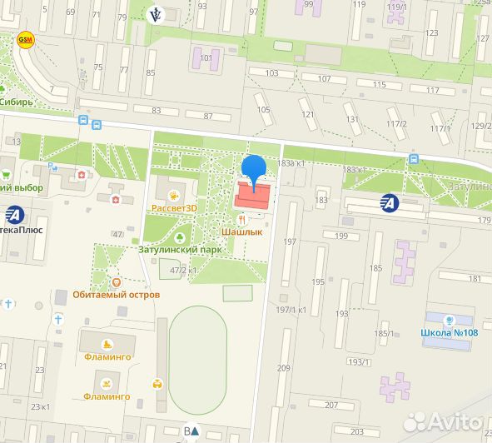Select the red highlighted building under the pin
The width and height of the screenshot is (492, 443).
252,197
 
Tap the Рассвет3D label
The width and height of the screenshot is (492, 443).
173,208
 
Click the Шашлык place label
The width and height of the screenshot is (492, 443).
243,232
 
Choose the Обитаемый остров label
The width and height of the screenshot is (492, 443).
117,294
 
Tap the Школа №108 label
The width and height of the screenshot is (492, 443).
450,333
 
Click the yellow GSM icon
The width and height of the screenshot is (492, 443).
27,39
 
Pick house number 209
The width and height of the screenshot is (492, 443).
285,367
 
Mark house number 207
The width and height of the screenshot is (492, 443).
331,405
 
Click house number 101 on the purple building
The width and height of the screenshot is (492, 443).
206,59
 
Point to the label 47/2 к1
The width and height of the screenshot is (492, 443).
183,271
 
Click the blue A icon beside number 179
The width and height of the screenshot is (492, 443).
388,202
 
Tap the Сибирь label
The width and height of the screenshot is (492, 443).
17,103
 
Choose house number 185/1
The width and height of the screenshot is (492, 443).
384,334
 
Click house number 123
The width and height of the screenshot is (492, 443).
431,33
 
